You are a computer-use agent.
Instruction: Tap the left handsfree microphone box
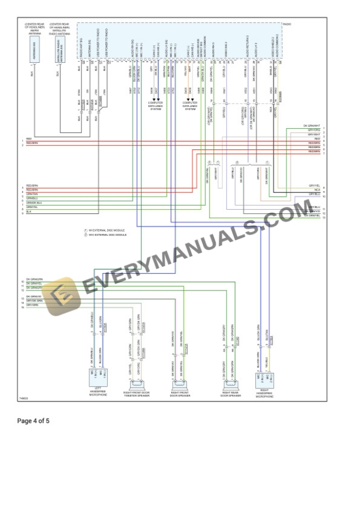[98, 374]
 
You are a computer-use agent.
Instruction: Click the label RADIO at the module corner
[287, 24]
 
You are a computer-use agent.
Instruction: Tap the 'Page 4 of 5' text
[34, 421]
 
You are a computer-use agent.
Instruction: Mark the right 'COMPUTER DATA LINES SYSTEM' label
[191, 105]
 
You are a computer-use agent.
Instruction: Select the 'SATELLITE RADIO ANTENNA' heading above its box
[61, 29]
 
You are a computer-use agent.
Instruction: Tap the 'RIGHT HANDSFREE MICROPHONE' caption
[265, 393]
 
